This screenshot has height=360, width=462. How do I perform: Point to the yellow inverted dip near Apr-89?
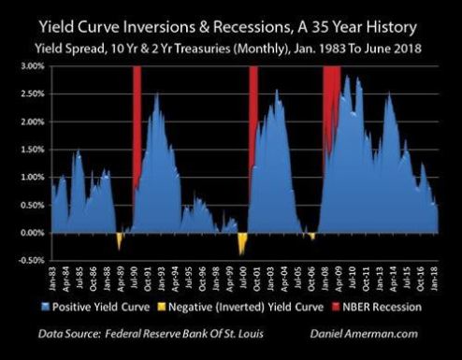[x=119, y=240]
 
